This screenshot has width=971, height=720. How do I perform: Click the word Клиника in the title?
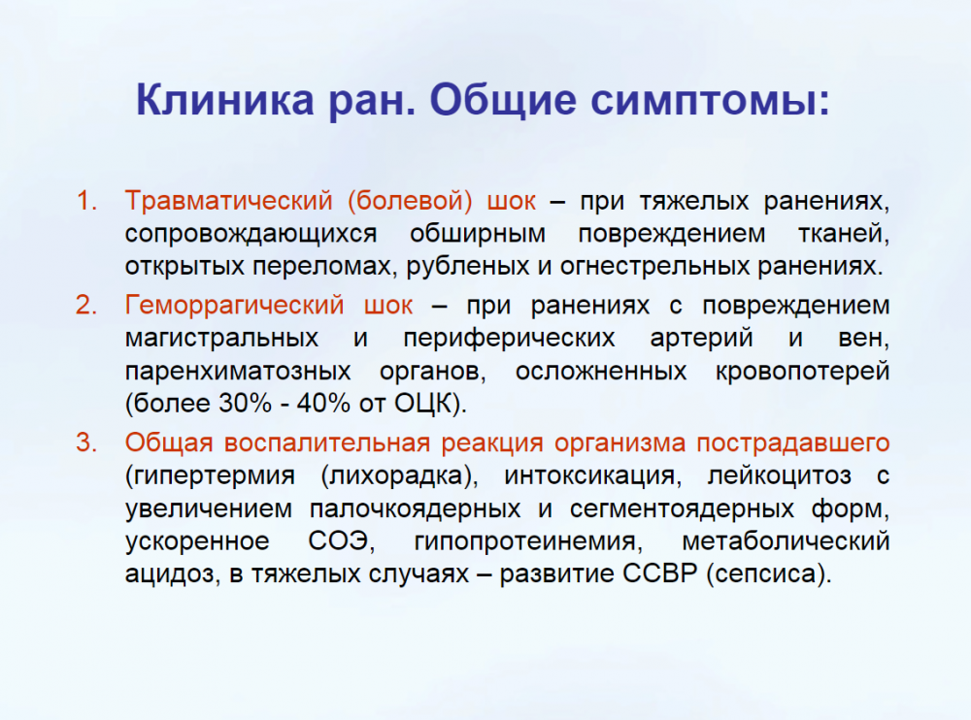coord(225,99)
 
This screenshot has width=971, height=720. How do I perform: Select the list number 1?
coord(86,201)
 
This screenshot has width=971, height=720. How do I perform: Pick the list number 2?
coord(86,306)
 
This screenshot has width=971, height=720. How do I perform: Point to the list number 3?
coord(86,442)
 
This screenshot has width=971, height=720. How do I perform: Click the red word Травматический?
coord(228,202)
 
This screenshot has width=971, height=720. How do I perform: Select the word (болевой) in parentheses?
coord(410,201)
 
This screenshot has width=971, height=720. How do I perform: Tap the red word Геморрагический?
coord(234,306)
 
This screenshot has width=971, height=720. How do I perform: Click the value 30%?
coord(245,404)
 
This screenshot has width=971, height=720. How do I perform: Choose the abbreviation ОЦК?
coord(423,405)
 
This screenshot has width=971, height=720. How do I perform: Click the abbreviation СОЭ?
coord(341,541)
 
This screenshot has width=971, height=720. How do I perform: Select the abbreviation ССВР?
coord(660,573)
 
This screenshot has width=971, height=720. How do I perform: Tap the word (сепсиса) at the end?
coord(768,574)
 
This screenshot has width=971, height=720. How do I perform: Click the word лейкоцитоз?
coord(780,476)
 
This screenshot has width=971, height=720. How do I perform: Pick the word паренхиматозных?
coord(238,372)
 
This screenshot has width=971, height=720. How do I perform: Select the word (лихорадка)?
coord(400,476)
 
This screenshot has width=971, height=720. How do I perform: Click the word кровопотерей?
coord(803,372)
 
